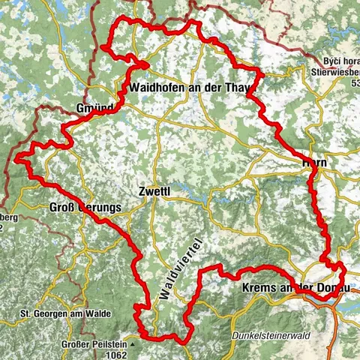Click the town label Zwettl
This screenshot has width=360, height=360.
click(155, 191)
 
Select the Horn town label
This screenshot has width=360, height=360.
click(314, 163)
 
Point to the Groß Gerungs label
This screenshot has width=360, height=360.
click(85, 208)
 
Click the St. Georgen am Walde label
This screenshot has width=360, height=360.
click(65, 313)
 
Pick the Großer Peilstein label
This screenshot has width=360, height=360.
click(94, 346)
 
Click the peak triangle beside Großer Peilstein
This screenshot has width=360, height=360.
click(132, 345)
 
